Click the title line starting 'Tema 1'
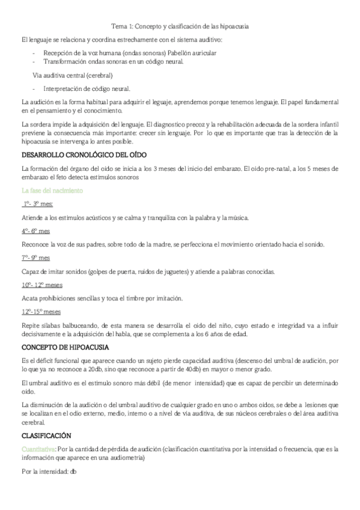click(x=180, y=27)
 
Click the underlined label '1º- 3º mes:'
click(x=37, y=204)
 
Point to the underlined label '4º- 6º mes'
click(x=35, y=231)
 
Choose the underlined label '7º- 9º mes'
click(x=35, y=257)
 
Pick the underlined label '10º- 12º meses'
click(x=41, y=284)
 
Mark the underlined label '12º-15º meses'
click(x=41, y=312)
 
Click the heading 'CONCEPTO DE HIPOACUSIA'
click(x=65, y=348)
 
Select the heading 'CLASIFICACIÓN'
click(x=46, y=435)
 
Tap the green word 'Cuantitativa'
click(x=37, y=448)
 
